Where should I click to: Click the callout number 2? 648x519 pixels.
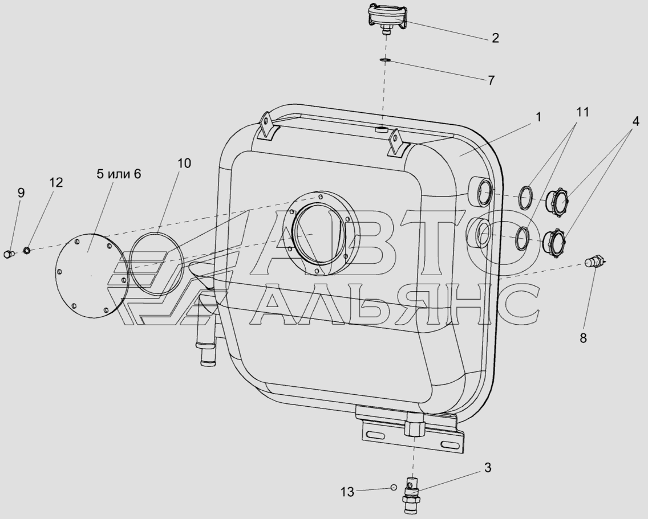click(495, 38)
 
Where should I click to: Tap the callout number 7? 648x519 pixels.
click(491, 80)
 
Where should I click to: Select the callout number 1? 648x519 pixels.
click(538, 117)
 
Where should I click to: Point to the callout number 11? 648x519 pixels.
click(582, 112)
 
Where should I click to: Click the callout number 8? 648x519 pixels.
click(583, 338)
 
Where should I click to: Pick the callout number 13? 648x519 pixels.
click(347, 492)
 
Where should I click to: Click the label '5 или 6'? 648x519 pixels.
click(119, 174)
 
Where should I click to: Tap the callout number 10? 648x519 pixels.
click(184, 164)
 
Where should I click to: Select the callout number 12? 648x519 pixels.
click(56, 182)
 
